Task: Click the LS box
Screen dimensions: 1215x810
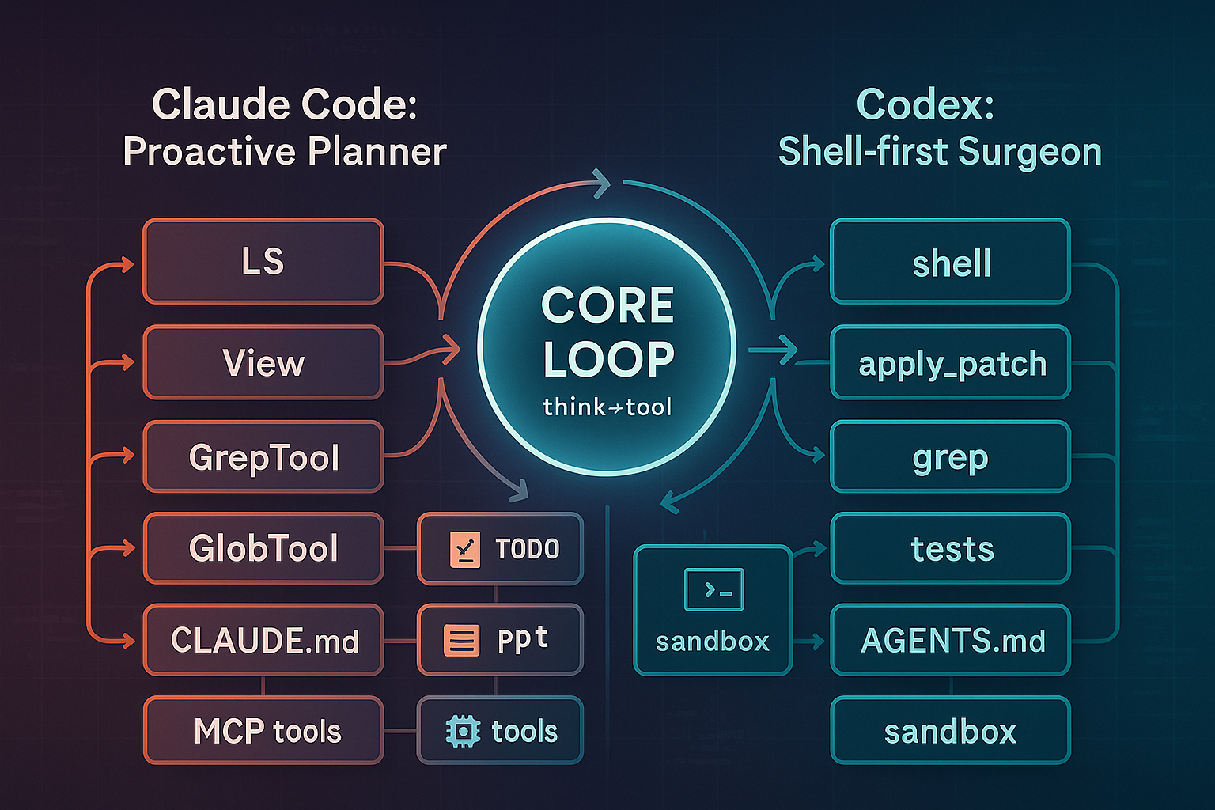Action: pos(263,261)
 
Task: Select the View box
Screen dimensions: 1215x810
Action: pos(263,362)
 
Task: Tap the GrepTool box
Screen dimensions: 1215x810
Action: pos(263,457)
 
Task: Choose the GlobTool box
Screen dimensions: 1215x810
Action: pos(263,548)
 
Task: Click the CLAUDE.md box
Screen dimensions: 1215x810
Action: pos(263,640)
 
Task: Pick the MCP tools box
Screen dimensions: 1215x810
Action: pos(263,731)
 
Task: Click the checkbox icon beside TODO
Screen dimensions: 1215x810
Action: pos(465,549)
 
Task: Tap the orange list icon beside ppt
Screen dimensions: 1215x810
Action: pos(462,640)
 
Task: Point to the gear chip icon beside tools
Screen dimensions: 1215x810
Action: pos(463,732)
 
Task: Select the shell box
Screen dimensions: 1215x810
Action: pos(950,261)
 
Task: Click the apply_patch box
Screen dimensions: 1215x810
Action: pos(950,362)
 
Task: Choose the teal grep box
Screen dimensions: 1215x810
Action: pos(950,457)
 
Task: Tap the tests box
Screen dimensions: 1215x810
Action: pos(950,548)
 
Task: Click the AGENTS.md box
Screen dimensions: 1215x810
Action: pos(950,640)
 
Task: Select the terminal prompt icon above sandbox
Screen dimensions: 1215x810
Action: pos(713,590)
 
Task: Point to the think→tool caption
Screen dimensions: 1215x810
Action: pos(607,407)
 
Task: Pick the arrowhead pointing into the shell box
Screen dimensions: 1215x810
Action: pos(818,265)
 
